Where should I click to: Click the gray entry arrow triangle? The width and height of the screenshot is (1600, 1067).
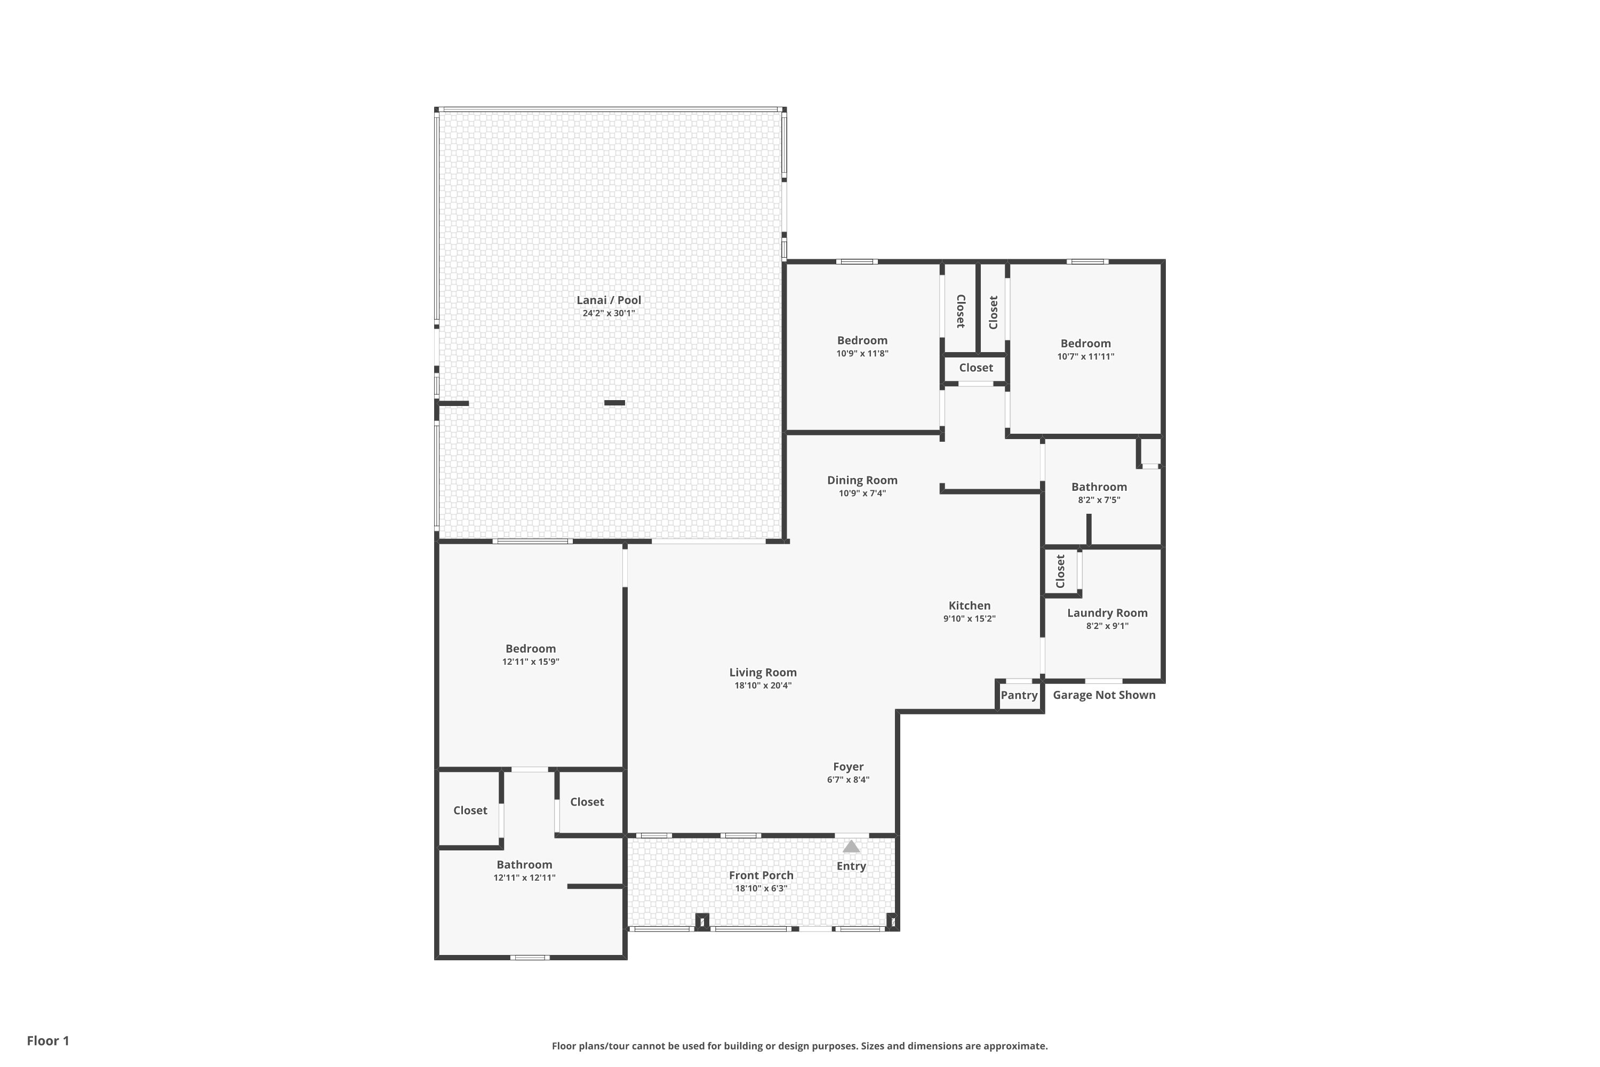851,847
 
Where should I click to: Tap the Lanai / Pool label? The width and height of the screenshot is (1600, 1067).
609,300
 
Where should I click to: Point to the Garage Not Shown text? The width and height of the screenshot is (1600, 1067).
1104,695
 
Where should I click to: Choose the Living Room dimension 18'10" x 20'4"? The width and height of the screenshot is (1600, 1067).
763,685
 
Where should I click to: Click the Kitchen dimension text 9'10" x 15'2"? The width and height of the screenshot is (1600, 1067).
970,618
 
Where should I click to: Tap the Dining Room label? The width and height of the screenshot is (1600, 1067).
862,481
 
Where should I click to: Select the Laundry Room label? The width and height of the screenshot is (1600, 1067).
1108,613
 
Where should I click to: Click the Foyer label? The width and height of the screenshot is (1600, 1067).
849,767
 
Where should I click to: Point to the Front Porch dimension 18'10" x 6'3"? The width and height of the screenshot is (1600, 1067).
761,888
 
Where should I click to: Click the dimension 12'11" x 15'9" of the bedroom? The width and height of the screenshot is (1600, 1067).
531,662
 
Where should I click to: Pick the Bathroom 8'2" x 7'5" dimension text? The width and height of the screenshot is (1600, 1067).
1099,499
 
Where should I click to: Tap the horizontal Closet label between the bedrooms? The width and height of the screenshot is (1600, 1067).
976,368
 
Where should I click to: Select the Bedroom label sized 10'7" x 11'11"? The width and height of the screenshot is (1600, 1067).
1086,344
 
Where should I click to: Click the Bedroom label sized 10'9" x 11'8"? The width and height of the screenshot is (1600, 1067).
862,340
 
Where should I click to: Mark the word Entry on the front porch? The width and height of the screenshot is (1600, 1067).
851,866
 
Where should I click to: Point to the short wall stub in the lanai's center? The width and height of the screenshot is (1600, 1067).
614,403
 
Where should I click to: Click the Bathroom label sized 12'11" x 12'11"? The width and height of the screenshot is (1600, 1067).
524,865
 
